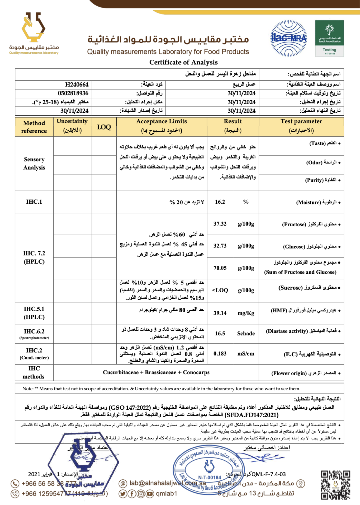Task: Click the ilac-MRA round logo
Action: (x=288, y=38)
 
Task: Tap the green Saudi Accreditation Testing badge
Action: (x=329, y=38)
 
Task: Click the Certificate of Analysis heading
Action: (x=183, y=62)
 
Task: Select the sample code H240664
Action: (x=77, y=85)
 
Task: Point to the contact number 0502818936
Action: (x=73, y=93)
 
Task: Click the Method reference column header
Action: (x=34, y=127)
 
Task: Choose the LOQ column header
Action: (x=104, y=127)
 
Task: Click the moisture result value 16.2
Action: (x=220, y=202)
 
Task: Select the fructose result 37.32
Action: (x=220, y=224)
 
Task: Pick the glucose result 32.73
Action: (x=220, y=246)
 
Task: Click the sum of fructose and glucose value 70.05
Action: (x=220, y=268)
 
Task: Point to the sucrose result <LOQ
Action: (x=220, y=290)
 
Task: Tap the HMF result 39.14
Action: (x=220, y=313)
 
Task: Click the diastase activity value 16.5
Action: (x=220, y=334)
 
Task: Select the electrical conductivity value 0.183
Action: (x=220, y=354)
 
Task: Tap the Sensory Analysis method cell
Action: (x=34, y=163)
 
